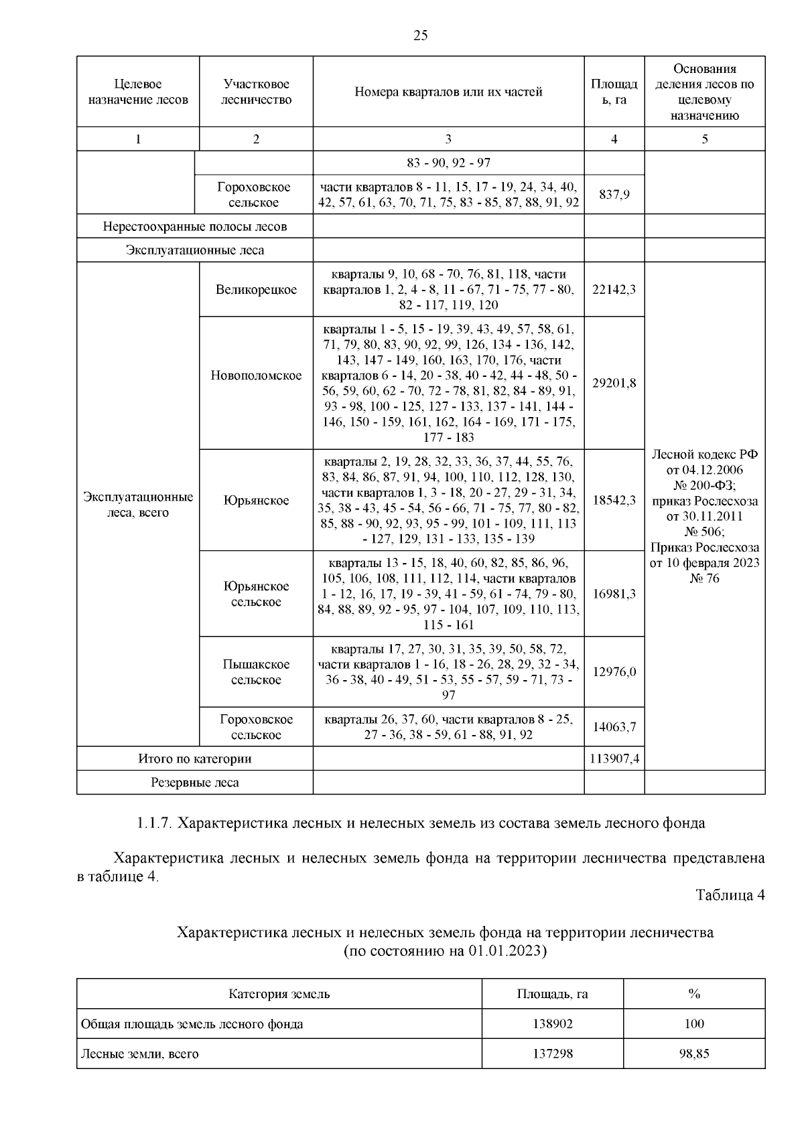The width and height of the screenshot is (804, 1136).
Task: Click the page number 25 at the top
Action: tap(420, 36)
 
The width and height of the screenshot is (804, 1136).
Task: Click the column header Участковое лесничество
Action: tap(256, 92)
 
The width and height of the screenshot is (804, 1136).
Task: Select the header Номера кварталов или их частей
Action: tap(448, 92)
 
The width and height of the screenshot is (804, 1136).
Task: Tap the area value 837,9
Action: tap(614, 195)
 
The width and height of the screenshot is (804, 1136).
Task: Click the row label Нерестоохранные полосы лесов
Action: tap(194, 226)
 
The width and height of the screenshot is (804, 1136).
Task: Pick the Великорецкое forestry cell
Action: tap(256, 290)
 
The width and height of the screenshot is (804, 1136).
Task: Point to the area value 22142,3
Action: tap(614, 290)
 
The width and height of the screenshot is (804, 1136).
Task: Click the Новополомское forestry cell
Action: tap(256, 376)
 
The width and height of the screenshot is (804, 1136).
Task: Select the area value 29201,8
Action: tap(614, 383)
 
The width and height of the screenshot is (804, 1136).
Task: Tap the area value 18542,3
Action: tap(614, 500)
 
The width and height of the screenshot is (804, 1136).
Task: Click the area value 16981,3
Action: tap(614, 594)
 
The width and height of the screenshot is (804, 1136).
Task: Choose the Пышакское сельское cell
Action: tap(256, 672)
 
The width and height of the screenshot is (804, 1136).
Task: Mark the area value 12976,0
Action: tap(614, 672)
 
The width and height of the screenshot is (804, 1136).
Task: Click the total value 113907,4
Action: tap(614, 758)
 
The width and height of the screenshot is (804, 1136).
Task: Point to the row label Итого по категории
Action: tap(194, 758)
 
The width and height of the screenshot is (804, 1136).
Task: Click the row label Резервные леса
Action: tap(194, 783)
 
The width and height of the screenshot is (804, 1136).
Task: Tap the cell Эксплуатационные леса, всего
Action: tap(138, 505)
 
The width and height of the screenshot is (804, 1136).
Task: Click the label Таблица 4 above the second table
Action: tap(730, 896)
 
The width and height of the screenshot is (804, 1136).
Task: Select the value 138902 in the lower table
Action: tap(552, 1024)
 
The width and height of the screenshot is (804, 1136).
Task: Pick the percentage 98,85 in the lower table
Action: tap(693, 1054)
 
